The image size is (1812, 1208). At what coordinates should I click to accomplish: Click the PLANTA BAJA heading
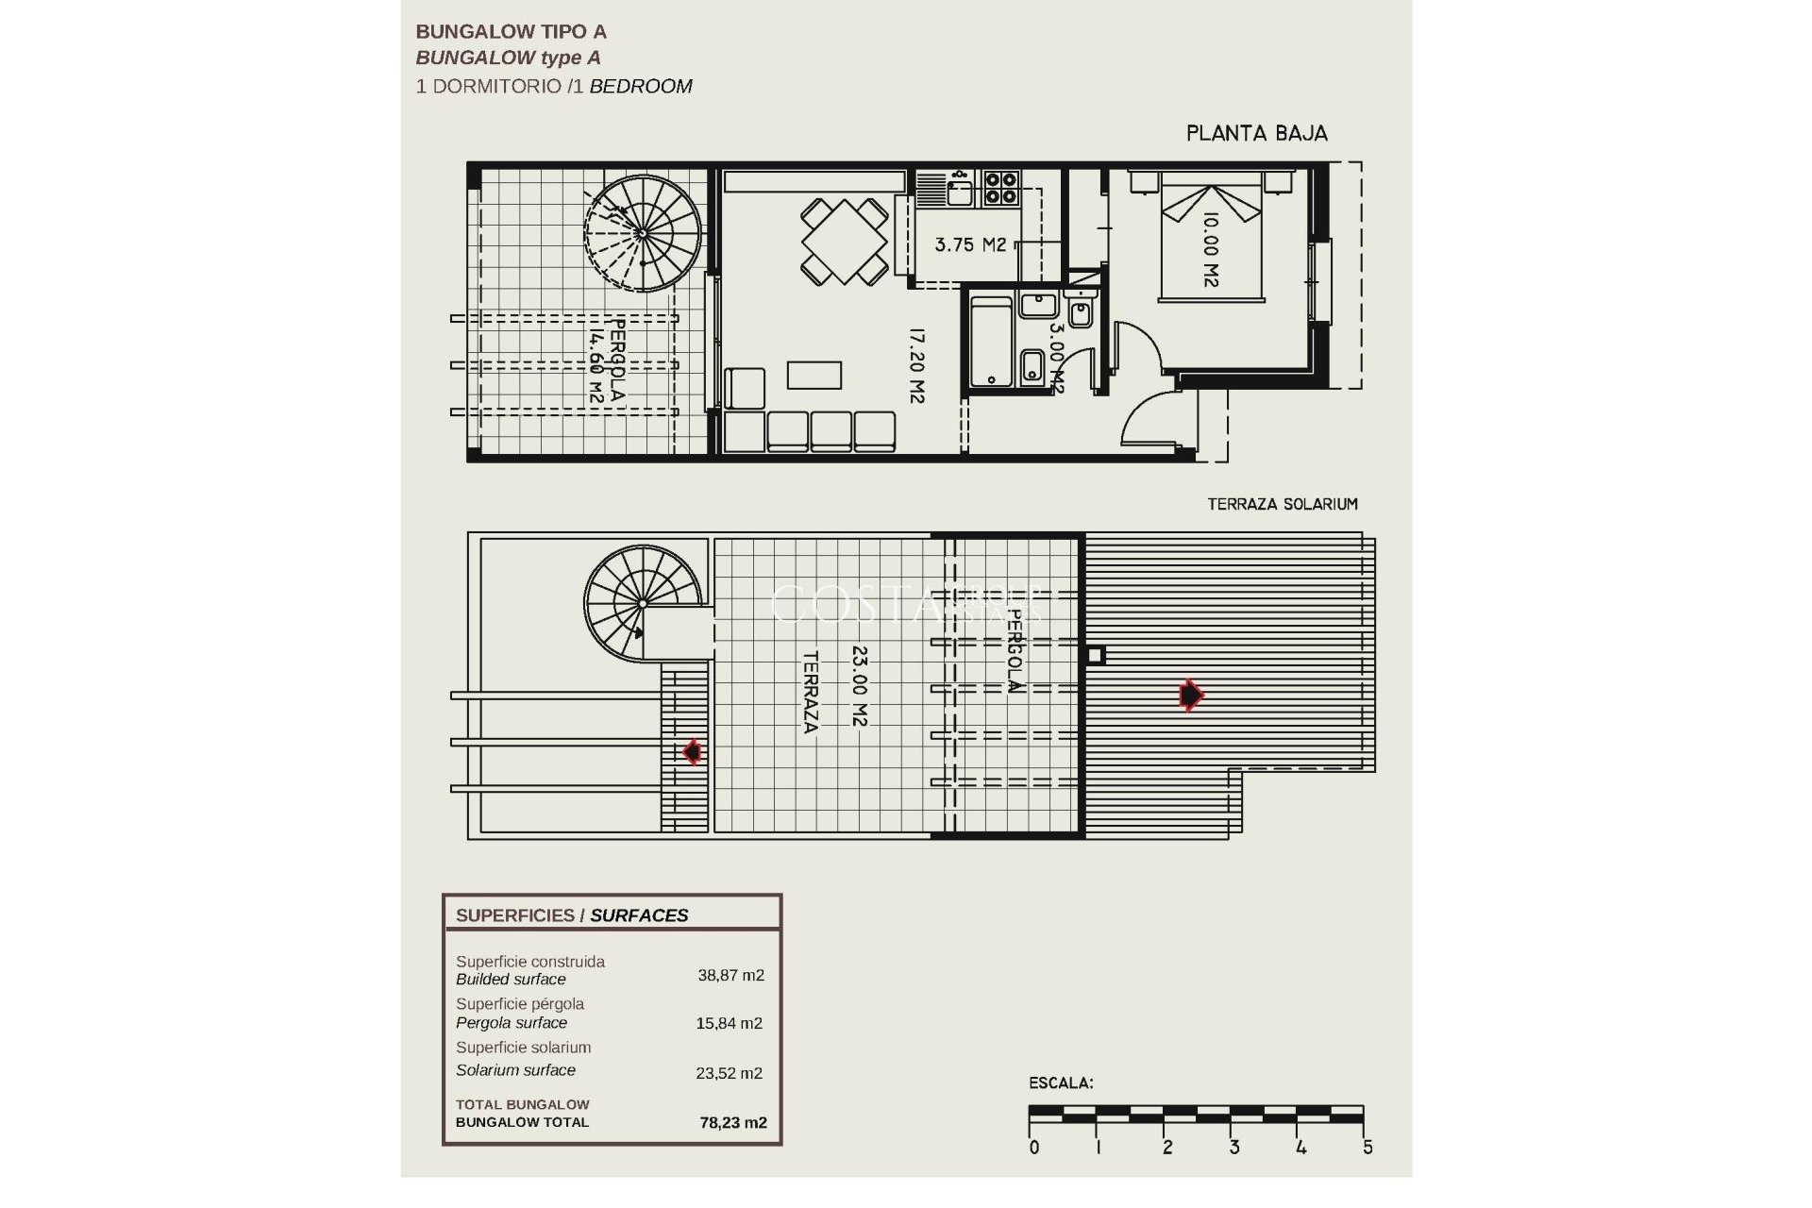tap(1256, 133)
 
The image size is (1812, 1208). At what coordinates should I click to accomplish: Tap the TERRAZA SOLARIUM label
tap(1283, 504)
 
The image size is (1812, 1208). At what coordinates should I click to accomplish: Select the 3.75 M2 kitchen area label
tap(970, 244)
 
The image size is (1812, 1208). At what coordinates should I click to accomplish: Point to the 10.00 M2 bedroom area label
tap(1211, 249)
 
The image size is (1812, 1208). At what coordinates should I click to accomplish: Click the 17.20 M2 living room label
tap(914, 365)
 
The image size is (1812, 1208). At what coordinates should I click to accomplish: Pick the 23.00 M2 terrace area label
tap(858, 685)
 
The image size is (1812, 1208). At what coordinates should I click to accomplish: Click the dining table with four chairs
tap(845, 241)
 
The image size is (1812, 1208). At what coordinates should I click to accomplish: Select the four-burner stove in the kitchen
tap(1001, 187)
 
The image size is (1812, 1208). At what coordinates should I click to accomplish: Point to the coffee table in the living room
tap(814, 375)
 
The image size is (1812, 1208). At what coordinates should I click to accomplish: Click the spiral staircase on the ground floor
tap(643, 233)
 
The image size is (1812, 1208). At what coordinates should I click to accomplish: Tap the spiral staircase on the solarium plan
tap(641, 603)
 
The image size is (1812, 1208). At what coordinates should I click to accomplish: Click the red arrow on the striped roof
tap(1191, 696)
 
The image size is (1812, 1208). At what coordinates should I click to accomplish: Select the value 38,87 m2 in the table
tap(730, 976)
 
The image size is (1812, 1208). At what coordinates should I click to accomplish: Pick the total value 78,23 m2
tap(732, 1123)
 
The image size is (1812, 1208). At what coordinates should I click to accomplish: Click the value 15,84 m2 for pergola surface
tap(730, 1023)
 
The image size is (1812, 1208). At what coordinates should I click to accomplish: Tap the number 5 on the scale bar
tap(1367, 1148)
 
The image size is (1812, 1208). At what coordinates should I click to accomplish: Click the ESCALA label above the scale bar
tap(1061, 1083)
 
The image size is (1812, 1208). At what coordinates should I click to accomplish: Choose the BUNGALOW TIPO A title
tap(511, 32)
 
